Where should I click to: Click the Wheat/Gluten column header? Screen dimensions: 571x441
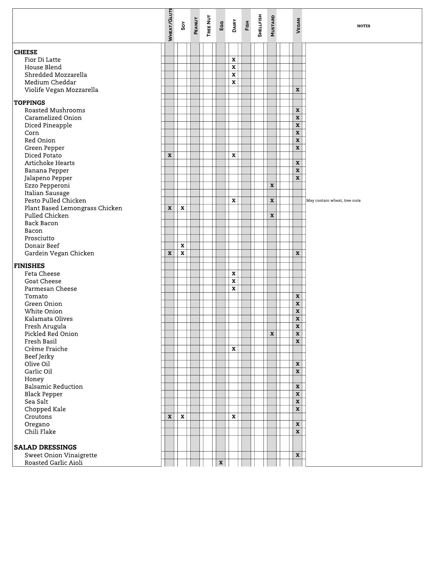[170, 25]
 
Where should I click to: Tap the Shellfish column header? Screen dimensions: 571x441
[260, 26]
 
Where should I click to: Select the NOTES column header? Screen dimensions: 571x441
[363, 26]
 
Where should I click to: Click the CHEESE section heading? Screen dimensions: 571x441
[26, 52]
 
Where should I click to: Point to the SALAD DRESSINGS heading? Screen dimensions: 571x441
[45, 447]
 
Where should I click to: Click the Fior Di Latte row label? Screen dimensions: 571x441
[42, 60]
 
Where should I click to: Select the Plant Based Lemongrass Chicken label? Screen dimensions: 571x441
[73, 208]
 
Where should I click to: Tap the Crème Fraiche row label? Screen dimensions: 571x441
[46, 349]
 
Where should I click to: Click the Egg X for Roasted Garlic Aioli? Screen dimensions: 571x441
[221, 463]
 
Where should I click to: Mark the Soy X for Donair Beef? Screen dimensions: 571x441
[182, 246]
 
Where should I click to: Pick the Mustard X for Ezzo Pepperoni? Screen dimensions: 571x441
[272, 186]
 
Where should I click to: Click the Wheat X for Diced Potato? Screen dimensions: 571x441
[170, 155]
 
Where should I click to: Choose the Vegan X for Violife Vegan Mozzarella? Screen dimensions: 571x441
[297, 90]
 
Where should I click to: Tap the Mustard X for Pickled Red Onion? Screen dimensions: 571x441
[272, 334]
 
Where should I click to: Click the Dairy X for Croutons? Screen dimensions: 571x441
[234, 417]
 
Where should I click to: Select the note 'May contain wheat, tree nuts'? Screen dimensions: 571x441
[333, 200]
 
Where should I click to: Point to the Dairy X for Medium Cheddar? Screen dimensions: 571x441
[234, 82]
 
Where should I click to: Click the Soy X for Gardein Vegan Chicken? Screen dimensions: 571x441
[182, 253]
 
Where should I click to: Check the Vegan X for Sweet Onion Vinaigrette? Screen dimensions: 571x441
[297, 455]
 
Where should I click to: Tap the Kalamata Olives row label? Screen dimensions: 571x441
[49, 319]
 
